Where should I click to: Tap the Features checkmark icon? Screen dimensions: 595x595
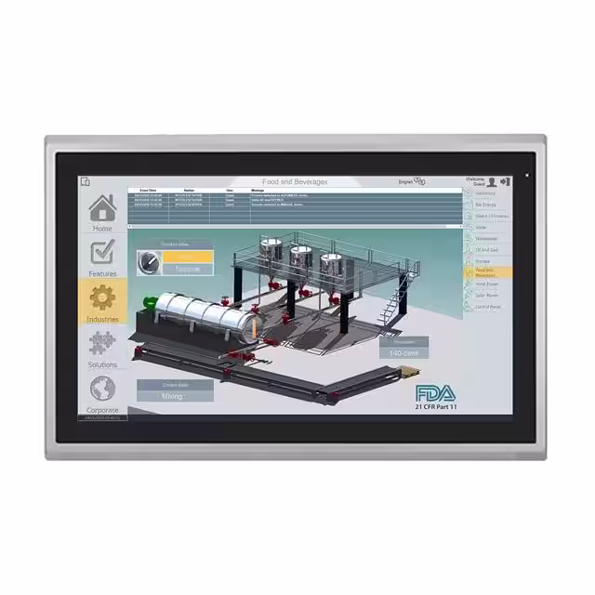click(102, 252)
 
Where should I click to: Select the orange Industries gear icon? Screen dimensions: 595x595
click(102, 297)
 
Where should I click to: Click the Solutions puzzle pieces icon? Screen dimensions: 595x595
click(102, 342)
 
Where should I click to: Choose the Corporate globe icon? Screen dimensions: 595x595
click(102, 388)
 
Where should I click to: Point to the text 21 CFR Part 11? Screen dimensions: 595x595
click(436, 407)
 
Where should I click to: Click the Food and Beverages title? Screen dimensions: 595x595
click(295, 182)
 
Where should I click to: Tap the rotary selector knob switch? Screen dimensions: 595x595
click(146, 263)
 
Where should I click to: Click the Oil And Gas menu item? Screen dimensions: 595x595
click(487, 249)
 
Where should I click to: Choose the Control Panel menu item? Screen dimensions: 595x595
click(487, 306)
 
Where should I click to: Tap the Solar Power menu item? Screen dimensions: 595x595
click(487, 295)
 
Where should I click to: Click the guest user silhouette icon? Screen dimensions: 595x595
click(492, 181)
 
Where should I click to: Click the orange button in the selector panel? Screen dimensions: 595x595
click(187, 256)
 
